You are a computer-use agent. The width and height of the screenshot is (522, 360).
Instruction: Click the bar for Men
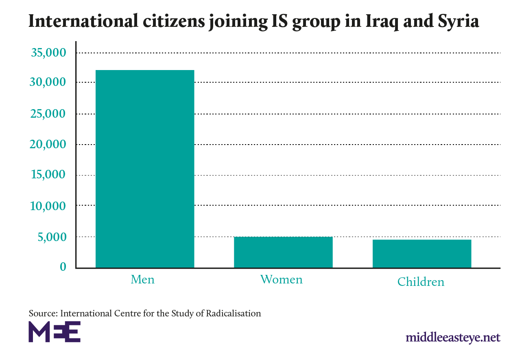145,169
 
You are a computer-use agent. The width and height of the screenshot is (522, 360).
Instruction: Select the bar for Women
283,252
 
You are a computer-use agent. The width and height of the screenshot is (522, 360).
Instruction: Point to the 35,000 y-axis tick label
48,53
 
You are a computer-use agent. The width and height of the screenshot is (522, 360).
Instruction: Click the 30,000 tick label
48,83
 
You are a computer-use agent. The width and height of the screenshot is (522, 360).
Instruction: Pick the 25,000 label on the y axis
48,114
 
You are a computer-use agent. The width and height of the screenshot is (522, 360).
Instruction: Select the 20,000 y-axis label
48,145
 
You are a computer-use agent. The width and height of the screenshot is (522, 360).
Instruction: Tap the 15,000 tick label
48,175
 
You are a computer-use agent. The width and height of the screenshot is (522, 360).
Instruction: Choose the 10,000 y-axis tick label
48,206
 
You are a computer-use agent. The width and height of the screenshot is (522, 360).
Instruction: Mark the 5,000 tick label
52,237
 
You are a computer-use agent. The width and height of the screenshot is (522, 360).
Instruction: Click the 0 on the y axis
63,267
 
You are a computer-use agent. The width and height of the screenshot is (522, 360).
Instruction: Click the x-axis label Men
142,280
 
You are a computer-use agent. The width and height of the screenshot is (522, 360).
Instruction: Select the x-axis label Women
282,279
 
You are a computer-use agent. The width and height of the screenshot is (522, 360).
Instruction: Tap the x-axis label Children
421,282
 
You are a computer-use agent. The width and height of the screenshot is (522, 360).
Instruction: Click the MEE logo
55,331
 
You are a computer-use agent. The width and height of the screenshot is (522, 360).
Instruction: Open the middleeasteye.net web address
452,338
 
